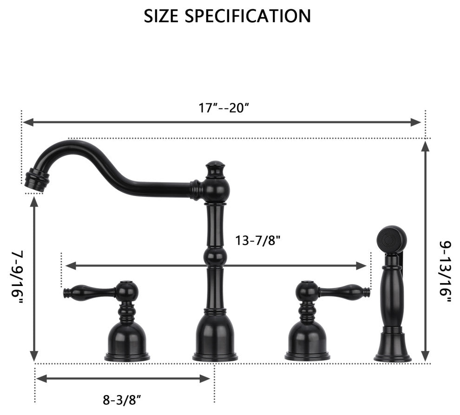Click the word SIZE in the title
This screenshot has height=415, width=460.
click(161, 16)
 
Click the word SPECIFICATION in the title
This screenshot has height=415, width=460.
click(248, 16)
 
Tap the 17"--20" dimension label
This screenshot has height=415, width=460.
click(224, 108)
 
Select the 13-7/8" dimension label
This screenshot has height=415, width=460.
click(258, 240)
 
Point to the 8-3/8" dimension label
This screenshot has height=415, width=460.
click(122, 400)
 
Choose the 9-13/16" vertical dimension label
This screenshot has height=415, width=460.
click(445, 272)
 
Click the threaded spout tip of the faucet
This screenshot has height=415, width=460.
click(36, 180)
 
